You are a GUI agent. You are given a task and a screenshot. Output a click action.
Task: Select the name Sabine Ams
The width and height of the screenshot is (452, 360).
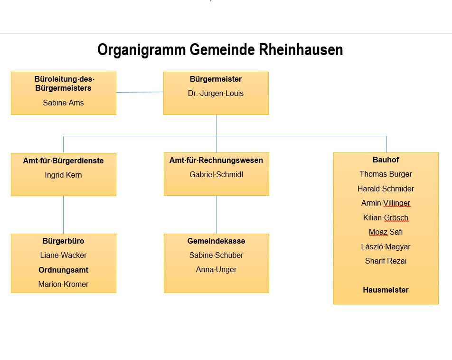pos(63,103)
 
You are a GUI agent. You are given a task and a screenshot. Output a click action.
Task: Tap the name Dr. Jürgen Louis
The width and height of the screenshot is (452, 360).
pos(216,94)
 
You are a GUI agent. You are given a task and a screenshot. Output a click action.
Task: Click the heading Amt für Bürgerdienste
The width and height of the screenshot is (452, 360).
pos(63,161)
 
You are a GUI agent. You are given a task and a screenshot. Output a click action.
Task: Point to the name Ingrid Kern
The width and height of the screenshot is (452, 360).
pos(63,175)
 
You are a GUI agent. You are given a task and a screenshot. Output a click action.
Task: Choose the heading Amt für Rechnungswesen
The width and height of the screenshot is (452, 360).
pos(216,160)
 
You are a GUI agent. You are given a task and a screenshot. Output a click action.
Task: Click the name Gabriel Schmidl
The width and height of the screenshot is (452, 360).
pos(216,174)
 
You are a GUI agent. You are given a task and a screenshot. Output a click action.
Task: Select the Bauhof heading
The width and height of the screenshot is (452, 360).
pos(386,160)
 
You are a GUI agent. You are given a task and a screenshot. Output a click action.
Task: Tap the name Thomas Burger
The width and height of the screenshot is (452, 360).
pos(386,174)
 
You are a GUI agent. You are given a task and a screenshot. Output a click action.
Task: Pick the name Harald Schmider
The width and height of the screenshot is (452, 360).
pos(386,189)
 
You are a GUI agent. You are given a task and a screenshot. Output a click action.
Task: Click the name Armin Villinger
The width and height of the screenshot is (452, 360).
pos(386,203)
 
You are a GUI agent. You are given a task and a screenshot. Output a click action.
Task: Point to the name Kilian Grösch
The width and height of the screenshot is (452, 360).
pos(386,218)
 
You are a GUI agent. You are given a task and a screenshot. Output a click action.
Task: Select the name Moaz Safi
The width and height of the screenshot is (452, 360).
pos(386,232)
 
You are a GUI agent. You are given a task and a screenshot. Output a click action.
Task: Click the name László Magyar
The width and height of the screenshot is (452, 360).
pos(386,246)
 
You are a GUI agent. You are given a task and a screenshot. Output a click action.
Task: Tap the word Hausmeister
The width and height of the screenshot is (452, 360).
pos(386,290)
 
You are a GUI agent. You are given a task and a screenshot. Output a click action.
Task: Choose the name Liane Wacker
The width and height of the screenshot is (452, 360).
pos(63,255)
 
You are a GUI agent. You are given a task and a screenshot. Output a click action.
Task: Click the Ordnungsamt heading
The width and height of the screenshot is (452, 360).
pos(63,270)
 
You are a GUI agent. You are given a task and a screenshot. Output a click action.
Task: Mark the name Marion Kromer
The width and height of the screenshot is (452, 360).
pos(63,284)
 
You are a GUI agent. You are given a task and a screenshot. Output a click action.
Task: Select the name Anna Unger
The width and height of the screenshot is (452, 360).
pos(216,269)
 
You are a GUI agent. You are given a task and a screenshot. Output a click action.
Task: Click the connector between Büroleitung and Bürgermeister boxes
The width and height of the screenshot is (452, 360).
pos(140,92)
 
